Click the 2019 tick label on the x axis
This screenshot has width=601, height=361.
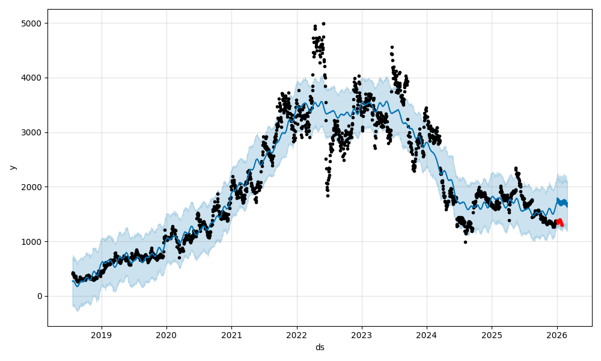click(x=102, y=335)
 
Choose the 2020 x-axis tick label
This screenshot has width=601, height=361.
click(x=166, y=335)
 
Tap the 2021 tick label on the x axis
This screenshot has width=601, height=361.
click(x=231, y=335)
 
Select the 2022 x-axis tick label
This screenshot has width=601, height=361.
click(x=296, y=335)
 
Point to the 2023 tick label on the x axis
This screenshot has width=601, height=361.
click(x=361, y=335)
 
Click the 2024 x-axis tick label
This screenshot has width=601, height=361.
click(x=426, y=335)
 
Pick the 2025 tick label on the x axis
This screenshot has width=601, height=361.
click(x=492, y=335)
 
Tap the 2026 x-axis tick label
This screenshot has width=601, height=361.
click(x=557, y=335)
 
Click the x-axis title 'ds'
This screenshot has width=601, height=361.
click(x=320, y=347)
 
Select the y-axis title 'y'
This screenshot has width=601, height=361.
click(x=11, y=167)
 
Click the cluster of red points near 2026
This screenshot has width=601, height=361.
click(x=560, y=223)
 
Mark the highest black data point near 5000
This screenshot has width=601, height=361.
click(x=323, y=23)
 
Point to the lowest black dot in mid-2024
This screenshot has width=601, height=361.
click(x=465, y=242)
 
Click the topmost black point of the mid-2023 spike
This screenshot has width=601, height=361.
click(x=392, y=47)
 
